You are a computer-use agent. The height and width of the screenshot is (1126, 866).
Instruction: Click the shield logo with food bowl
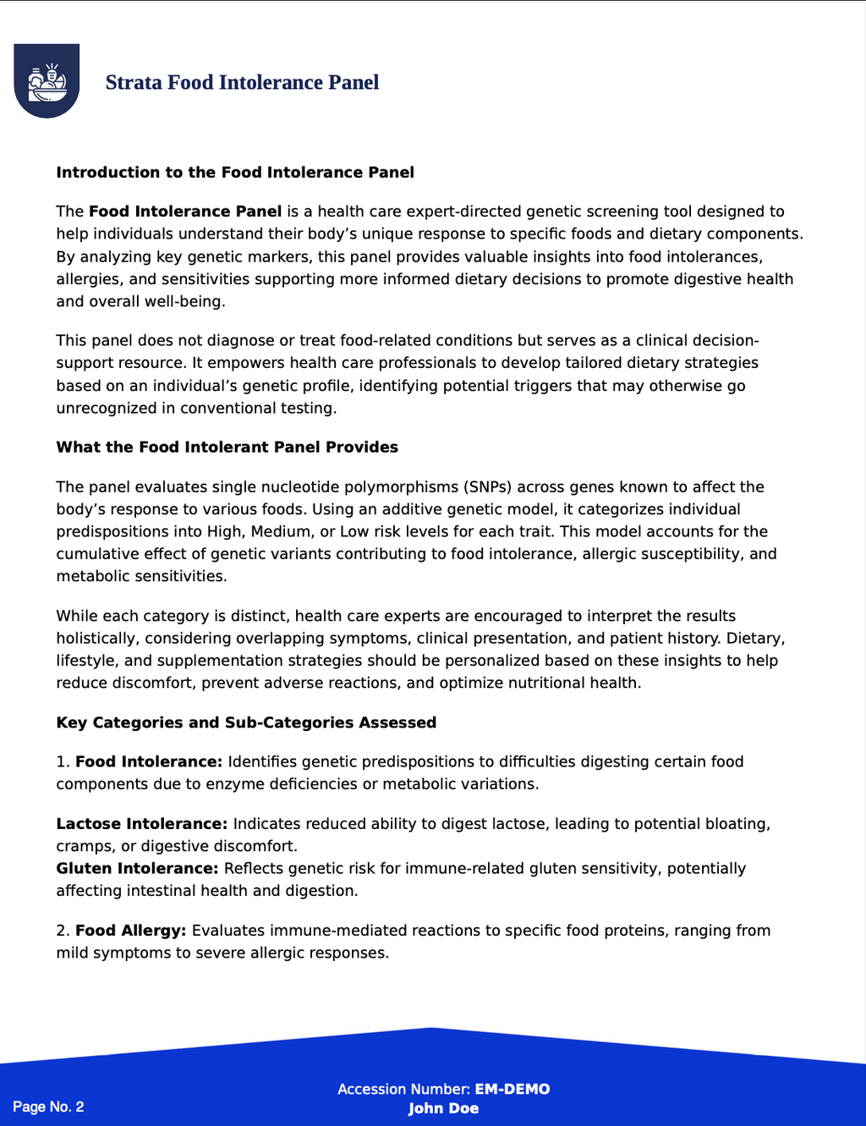pyautogui.click(x=47, y=80)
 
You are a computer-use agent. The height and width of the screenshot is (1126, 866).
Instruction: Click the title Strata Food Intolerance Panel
pyautogui.click(x=242, y=82)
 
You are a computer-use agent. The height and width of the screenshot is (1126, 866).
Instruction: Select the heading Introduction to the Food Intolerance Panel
pyautogui.click(x=235, y=173)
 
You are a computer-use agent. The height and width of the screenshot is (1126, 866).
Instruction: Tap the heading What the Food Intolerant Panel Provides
pyautogui.click(x=227, y=448)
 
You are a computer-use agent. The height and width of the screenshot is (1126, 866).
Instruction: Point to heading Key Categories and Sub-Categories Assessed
pyautogui.click(x=246, y=722)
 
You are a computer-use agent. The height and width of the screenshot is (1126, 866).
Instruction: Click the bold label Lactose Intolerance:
pyautogui.click(x=141, y=824)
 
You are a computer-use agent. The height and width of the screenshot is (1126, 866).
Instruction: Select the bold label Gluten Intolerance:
pyautogui.click(x=137, y=869)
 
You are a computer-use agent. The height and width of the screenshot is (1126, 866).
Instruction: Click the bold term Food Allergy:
pyautogui.click(x=130, y=931)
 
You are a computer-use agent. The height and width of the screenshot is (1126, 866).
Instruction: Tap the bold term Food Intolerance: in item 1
pyautogui.click(x=149, y=762)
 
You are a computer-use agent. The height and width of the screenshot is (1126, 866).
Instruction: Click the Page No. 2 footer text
pyautogui.click(x=48, y=1107)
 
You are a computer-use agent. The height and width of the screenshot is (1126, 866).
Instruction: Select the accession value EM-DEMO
pyautogui.click(x=512, y=1090)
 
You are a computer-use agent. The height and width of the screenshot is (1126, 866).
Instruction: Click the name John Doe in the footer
pyautogui.click(x=443, y=1108)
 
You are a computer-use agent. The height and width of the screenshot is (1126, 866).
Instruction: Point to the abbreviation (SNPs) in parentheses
pyautogui.click(x=486, y=487)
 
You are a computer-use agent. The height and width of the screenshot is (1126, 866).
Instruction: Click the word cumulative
pyautogui.click(x=97, y=554)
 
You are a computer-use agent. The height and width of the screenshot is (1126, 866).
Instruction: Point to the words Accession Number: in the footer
pyautogui.click(x=403, y=1090)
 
